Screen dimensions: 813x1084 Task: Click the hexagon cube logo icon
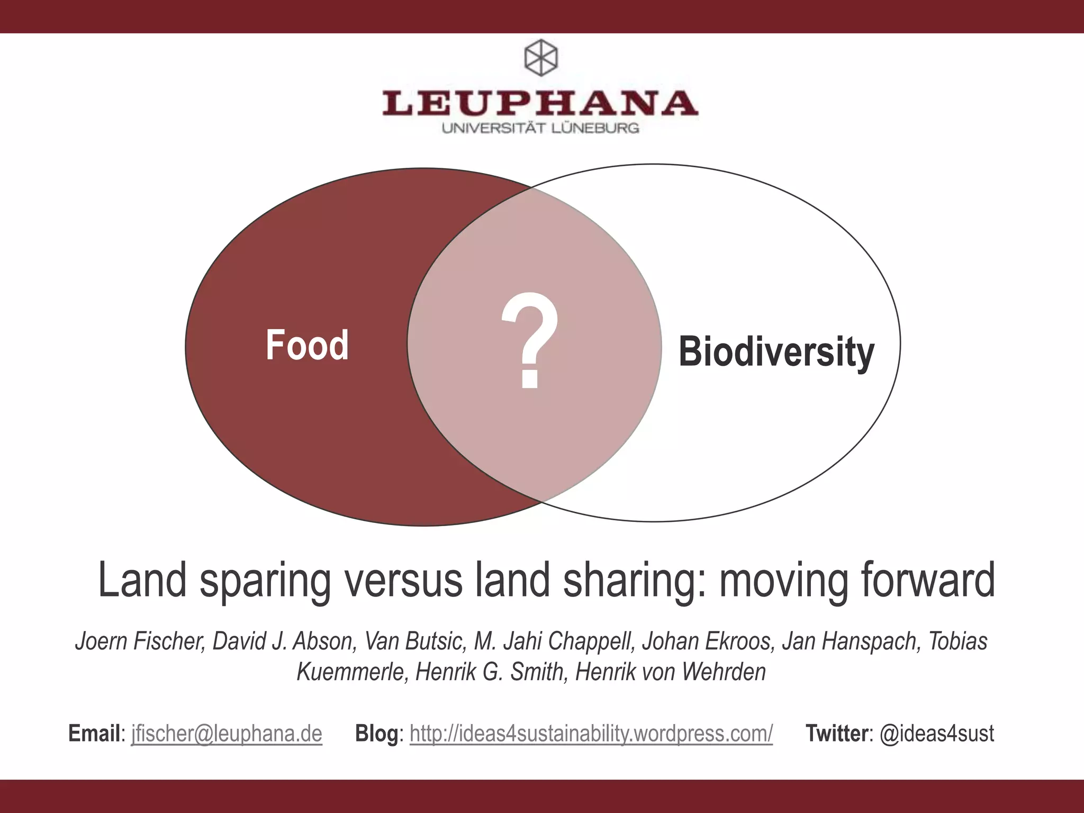tap(540, 57)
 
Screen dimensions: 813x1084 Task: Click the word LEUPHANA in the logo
tap(540, 103)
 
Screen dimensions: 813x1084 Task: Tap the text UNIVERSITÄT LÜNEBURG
tap(540, 128)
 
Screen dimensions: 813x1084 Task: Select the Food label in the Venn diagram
tap(307, 345)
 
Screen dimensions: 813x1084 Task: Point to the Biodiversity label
tap(776, 352)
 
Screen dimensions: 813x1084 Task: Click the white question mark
tap(530, 341)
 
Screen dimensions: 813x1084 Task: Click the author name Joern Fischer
tap(140, 641)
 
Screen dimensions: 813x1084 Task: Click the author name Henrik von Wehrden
tap(670, 672)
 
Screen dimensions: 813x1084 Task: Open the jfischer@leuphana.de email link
tap(227, 734)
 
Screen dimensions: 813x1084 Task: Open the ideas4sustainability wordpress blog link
tap(591, 734)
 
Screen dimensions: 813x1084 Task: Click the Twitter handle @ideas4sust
tap(936, 734)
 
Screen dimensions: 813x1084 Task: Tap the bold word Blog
tap(376, 734)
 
